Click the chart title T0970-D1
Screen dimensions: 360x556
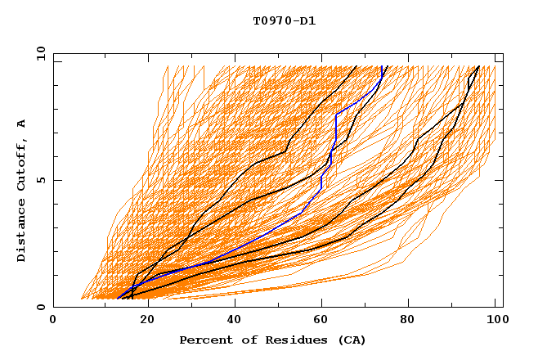click(284, 21)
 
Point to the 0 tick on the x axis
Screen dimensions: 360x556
click(54, 320)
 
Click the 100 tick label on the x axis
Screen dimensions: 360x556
click(495, 320)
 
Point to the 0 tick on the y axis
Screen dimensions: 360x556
click(41, 307)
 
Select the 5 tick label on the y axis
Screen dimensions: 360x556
click(41, 180)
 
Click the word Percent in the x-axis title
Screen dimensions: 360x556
click(205, 340)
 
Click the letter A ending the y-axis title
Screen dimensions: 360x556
click(22, 123)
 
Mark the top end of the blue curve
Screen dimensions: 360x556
click(383, 66)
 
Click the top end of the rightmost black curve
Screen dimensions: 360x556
click(478, 66)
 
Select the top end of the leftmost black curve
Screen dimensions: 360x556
click(356, 66)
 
